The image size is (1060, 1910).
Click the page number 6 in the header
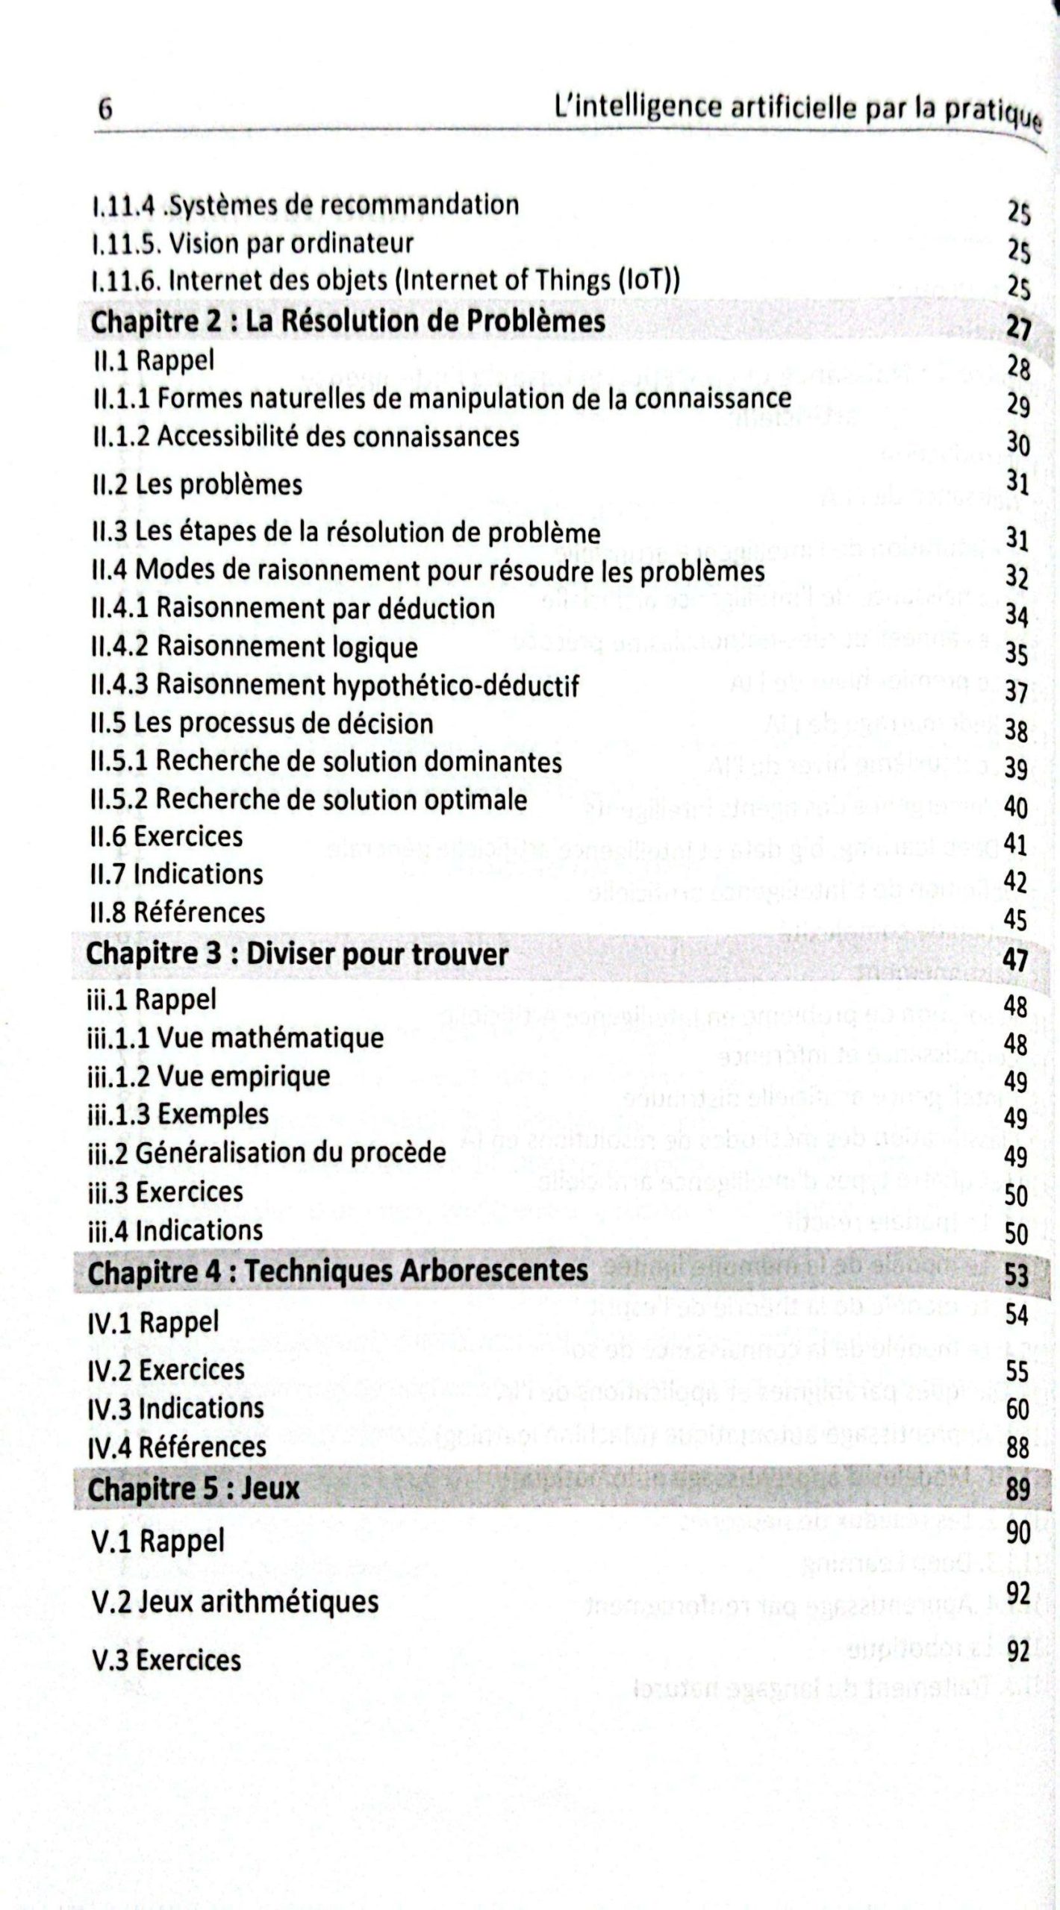105,110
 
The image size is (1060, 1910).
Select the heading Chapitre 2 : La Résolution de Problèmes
347,322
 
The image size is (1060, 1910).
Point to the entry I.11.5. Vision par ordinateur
252,243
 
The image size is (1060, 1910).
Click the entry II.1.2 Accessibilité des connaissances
305,436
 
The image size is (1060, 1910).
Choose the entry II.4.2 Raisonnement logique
254,647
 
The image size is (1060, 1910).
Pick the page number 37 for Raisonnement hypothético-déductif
1016,692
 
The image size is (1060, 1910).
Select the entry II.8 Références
177,912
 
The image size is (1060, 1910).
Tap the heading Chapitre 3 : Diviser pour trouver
297,954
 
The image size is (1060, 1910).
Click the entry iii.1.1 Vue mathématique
235,1038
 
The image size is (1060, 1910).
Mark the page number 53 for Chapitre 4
1016,1274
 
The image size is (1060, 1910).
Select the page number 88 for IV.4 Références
1017,1448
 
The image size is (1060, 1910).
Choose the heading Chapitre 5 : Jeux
193,1489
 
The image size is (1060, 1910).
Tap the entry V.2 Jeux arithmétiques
233,1601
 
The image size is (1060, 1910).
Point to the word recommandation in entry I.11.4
419,204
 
